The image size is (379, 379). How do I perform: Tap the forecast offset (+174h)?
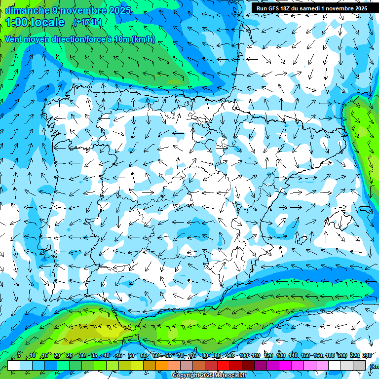[x=87, y=22]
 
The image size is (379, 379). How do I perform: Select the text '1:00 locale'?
[x=35, y=22]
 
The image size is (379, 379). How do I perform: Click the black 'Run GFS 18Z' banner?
[x=312, y=8]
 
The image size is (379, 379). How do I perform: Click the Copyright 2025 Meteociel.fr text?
[x=209, y=376]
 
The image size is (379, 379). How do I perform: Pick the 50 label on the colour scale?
[x=131, y=355]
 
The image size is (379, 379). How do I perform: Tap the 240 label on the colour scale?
[x=367, y=355]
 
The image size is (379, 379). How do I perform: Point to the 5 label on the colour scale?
[x=19, y=355]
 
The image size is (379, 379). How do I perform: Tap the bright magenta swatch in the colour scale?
[x=285, y=365]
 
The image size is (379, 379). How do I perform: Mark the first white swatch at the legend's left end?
[x=14, y=365]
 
